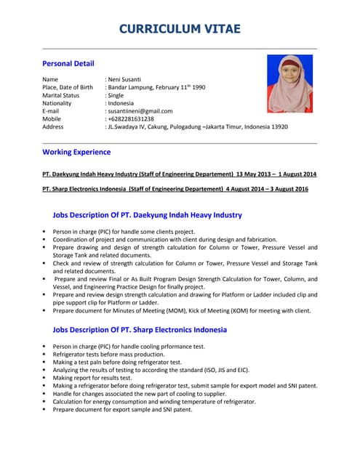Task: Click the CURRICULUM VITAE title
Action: [x=180, y=29]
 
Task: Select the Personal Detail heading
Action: [x=68, y=63]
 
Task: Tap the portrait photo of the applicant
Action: [x=289, y=84]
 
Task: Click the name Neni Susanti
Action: [x=124, y=79]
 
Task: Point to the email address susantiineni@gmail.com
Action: [x=140, y=111]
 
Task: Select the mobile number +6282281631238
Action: [x=131, y=118]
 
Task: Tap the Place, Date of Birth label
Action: [x=68, y=87]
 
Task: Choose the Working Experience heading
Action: [x=76, y=152]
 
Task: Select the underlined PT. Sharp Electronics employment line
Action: [x=175, y=189]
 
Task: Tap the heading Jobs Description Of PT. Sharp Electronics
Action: [x=140, y=329]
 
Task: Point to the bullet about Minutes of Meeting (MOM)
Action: [x=181, y=310]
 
